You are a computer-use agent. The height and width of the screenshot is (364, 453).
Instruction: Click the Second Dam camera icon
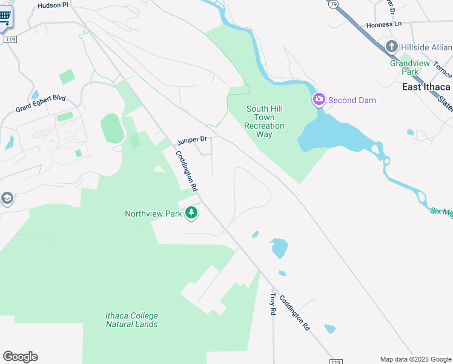(319, 99)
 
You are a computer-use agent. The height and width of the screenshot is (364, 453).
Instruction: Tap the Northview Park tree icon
(191, 212)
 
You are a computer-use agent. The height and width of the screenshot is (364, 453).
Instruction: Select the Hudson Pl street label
(54, 5)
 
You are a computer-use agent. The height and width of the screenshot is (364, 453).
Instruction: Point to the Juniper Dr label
(192, 140)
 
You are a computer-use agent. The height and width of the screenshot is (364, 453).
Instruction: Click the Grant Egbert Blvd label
(41, 104)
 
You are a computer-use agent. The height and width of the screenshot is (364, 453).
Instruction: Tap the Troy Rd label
(273, 303)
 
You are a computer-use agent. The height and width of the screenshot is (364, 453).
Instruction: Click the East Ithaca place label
(426, 87)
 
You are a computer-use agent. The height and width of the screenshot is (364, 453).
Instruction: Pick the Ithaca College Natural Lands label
(131, 320)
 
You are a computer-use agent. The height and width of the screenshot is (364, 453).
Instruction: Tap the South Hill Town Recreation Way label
(264, 121)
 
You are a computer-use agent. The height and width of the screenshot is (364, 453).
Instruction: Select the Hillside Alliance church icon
(392, 47)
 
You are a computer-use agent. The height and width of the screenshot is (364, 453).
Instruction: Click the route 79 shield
(333, 4)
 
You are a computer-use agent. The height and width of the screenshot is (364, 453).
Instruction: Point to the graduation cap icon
(7, 198)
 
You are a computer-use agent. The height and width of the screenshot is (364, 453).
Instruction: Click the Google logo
(20, 357)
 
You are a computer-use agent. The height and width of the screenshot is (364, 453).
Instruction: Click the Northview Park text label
(154, 214)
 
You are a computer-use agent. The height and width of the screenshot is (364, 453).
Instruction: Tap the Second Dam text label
(352, 100)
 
